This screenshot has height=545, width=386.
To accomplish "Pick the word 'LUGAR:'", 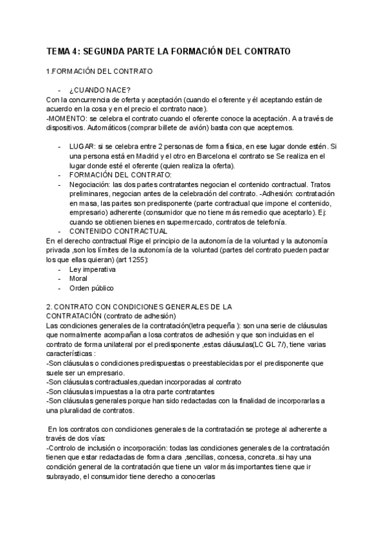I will point(82,147).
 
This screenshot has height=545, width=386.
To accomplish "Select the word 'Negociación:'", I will point(91,184).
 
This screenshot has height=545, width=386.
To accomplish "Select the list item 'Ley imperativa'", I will point(93,269).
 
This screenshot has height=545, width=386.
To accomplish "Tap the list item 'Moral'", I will point(78,278).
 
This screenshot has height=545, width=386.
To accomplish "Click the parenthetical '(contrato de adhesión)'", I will point(139,316).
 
